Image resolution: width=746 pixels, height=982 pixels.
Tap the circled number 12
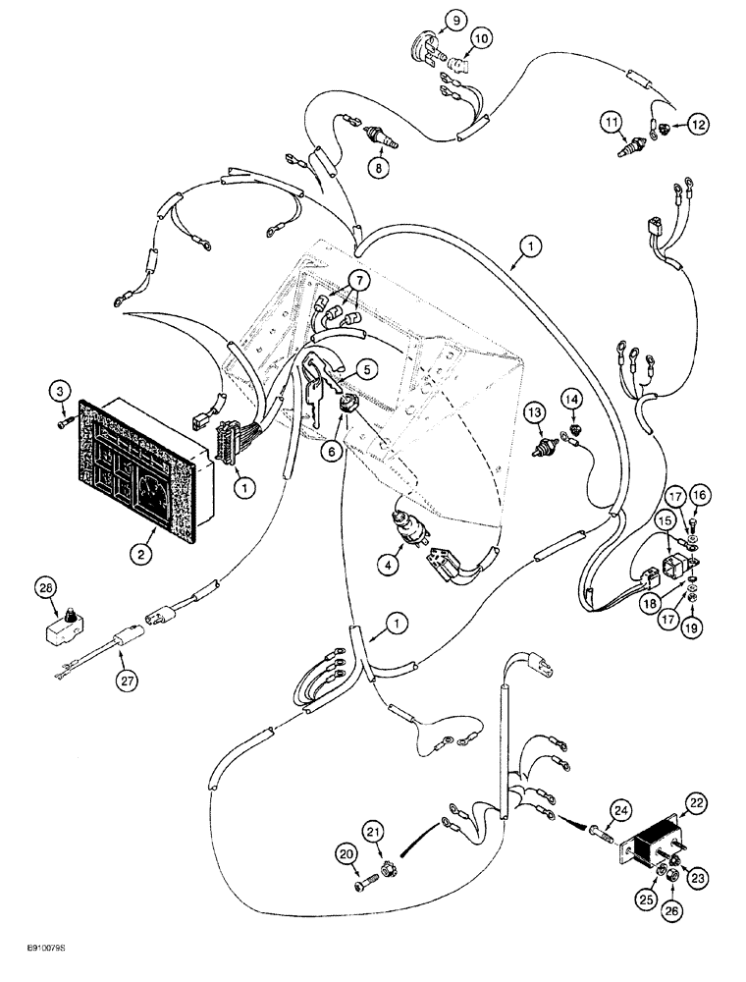[x=698, y=124]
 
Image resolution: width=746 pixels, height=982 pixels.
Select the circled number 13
[x=532, y=413]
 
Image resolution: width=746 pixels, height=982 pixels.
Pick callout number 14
[x=572, y=399]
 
